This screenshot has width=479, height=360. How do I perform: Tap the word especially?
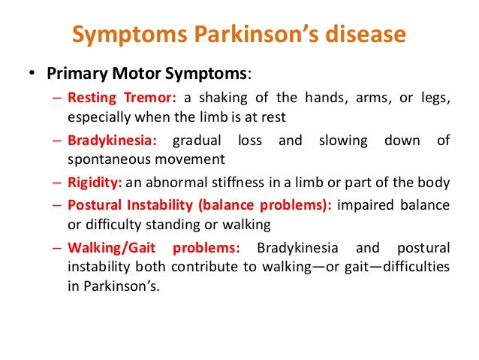pos(94,118)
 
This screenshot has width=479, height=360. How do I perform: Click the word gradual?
pos(197,140)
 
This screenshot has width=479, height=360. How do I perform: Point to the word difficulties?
pos(416,267)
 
